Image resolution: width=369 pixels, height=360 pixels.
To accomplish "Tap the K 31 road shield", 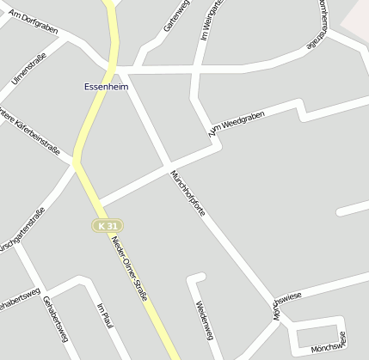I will pos(107,225).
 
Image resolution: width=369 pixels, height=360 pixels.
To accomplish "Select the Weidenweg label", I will pos(204,319).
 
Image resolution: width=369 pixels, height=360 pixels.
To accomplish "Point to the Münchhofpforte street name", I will pos(187,194).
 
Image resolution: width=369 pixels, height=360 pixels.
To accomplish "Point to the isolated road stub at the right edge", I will pos(353,209).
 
